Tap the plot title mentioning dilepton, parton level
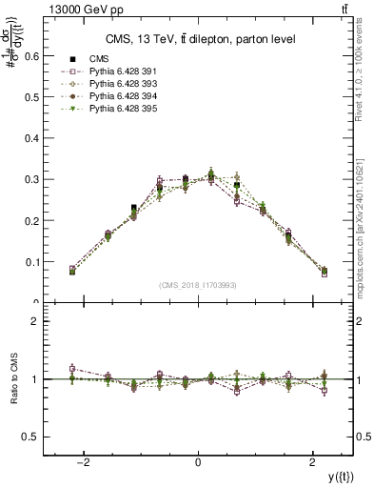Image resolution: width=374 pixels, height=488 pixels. point(199,38)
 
